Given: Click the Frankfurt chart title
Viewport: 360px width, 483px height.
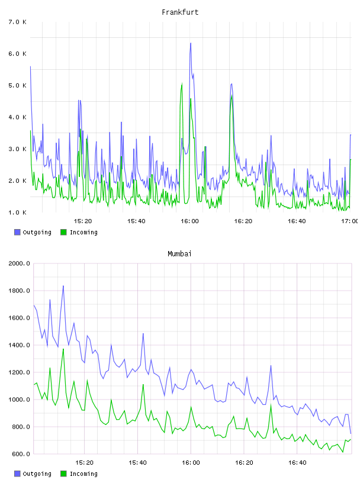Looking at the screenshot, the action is click(x=180, y=12).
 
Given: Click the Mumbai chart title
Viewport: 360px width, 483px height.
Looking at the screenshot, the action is click(x=179, y=254).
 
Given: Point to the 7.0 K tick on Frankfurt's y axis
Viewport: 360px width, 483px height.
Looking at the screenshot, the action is click(x=18, y=22).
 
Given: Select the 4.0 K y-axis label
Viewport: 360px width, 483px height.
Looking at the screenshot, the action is click(x=18, y=117).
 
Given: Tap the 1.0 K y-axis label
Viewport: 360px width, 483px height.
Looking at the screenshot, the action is click(x=18, y=212).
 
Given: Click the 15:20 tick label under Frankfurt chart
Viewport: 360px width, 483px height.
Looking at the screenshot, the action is click(x=83, y=221).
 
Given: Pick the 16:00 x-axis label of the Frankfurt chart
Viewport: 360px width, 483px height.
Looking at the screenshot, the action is click(x=189, y=221).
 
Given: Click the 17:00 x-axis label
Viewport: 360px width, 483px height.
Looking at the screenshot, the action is click(x=349, y=221).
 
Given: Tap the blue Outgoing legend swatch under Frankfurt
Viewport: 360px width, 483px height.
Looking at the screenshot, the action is click(x=17, y=232).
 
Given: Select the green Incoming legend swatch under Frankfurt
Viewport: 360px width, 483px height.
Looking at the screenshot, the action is click(x=63, y=232).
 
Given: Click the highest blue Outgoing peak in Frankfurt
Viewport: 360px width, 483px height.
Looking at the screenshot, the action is click(x=191, y=43).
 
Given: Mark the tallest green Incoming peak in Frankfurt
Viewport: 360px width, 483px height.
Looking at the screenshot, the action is click(x=182, y=83).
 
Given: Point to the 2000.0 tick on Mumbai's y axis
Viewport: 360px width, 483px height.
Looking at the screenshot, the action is click(x=19, y=263).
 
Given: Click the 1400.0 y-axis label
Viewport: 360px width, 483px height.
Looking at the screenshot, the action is click(x=19, y=345).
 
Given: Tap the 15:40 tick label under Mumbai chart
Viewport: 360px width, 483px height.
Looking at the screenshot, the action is click(x=137, y=462).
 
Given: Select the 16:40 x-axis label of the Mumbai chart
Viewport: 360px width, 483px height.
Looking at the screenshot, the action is click(x=297, y=462).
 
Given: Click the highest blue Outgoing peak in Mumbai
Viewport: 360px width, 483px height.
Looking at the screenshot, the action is click(x=63, y=286).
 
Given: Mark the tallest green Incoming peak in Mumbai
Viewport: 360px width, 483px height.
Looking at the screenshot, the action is click(x=63, y=349).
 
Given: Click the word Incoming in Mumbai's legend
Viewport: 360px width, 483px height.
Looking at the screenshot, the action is click(x=83, y=474).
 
